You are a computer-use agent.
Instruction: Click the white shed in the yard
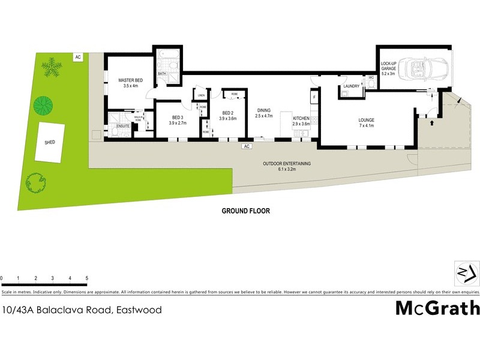49,142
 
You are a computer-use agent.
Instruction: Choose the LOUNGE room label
366,120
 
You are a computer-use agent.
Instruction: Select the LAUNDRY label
352,86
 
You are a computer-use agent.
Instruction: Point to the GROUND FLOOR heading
246,211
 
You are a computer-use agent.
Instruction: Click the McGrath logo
437,308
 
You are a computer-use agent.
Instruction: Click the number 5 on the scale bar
87,279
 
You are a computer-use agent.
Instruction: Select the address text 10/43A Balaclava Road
82,310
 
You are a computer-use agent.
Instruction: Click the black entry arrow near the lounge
431,122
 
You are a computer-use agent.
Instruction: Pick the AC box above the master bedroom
77,57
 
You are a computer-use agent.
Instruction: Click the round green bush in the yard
44,106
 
